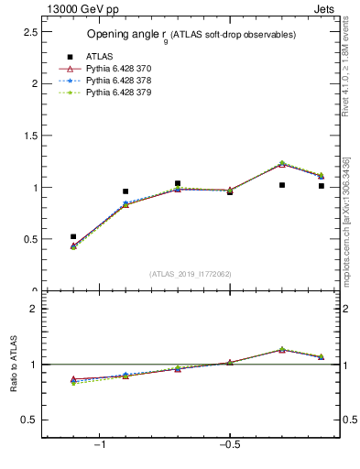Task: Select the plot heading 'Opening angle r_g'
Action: click(191, 35)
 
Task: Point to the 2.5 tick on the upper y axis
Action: click(30, 31)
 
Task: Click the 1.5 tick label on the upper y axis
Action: click(30, 136)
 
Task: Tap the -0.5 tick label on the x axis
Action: click(229, 445)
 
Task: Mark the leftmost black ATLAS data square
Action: click(73, 236)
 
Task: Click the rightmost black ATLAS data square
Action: click(322, 186)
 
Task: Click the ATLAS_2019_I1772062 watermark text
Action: click(190, 273)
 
